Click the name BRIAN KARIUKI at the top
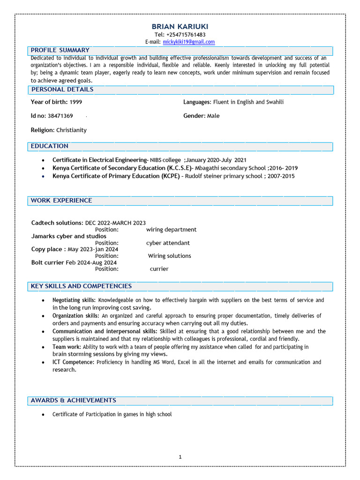click(x=180, y=27)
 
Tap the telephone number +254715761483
click(x=186, y=35)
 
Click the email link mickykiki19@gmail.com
click(x=189, y=42)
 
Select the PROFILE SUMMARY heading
click(x=60, y=50)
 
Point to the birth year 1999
click(x=76, y=102)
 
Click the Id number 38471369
click(x=60, y=116)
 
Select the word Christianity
click(x=71, y=130)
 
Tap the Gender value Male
click(x=213, y=116)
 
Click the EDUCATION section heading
click(x=50, y=146)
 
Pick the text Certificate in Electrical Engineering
click(x=99, y=160)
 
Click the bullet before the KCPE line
click(x=43, y=176)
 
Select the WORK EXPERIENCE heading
click(x=61, y=201)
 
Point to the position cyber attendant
click(x=168, y=243)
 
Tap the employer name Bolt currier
click(x=47, y=262)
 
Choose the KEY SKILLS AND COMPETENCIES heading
click(x=81, y=286)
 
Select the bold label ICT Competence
click(x=73, y=362)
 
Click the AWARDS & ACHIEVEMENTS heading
click(x=73, y=400)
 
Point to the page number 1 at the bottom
click(x=180, y=457)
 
